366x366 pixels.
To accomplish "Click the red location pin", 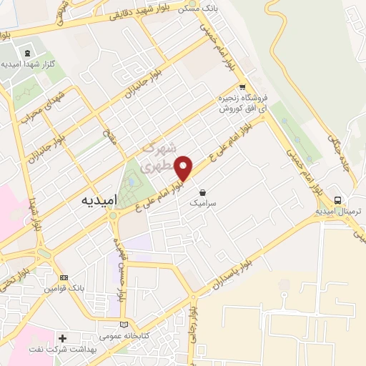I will click(x=184, y=168).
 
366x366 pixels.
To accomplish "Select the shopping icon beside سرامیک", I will click(x=203, y=192).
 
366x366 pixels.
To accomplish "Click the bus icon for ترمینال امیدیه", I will click(x=337, y=200).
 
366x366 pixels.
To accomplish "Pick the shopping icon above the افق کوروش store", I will click(x=242, y=86).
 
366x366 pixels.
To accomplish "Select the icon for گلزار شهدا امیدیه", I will click(x=28, y=53).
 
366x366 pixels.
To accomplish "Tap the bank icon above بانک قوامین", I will click(x=64, y=277).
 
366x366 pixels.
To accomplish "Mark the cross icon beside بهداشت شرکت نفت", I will click(x=62, y=337).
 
